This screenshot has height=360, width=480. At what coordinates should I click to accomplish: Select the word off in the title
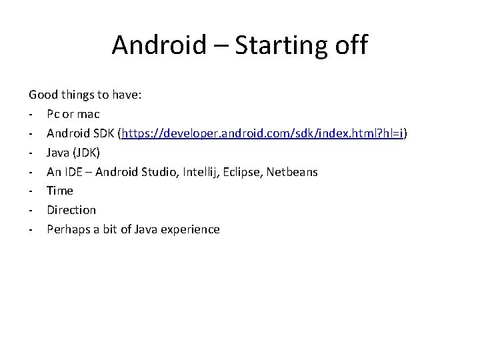[349, 45]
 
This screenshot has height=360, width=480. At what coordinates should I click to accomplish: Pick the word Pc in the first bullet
[54, 114]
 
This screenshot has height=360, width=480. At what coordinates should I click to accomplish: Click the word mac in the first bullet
[88, 114]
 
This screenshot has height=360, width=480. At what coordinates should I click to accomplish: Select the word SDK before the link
[103, 133]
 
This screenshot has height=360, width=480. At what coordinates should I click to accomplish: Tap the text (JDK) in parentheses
[86, 153]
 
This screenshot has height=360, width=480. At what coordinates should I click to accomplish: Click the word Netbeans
[293, 171]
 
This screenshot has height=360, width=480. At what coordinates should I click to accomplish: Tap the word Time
[60, 191]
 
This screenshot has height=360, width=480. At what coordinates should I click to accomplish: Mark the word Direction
[71, 210]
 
